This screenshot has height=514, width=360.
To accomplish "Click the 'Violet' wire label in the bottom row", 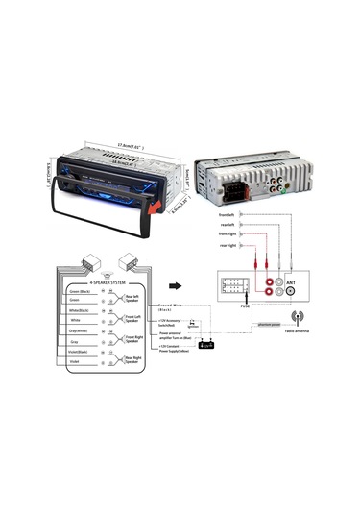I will (x=77, y=363).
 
